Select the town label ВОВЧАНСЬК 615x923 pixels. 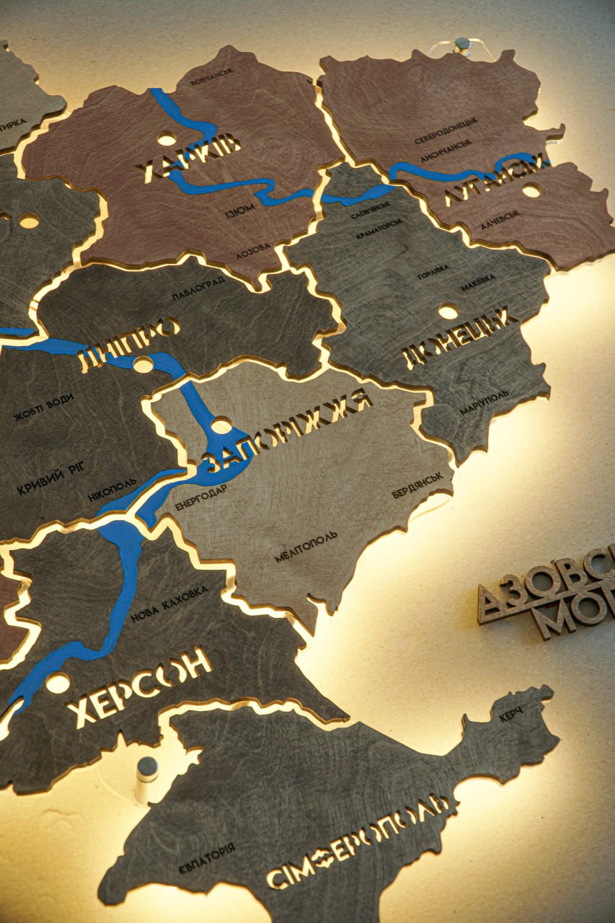click(211, 76)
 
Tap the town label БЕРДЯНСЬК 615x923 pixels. click(417, 486)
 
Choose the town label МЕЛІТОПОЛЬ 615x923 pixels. click(305, 547)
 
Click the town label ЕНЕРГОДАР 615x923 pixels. click(200, 497)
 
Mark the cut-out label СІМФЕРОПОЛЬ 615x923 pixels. click(360, 840)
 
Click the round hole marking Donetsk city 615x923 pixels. click(448, 312)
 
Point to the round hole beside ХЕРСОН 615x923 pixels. click(58, 682)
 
